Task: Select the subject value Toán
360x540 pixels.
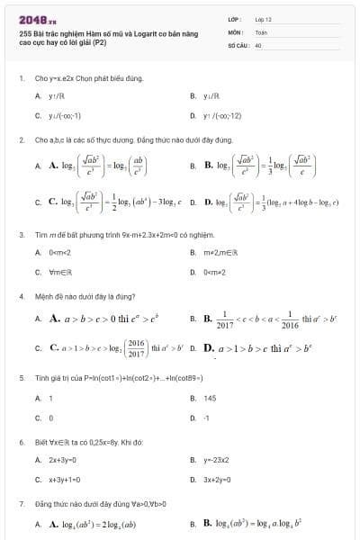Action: (x=261, y=31)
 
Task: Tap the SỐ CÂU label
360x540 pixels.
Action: (x=237, y=44)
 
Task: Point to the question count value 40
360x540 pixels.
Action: (x=258, y=44)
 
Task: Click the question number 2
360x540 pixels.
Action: (x=21, y=140)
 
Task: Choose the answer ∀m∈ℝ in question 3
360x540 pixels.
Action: (x=60, y=271)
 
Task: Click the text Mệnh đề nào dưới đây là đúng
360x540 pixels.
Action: (x=85, y=296)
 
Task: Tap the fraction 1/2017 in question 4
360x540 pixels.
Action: (x=225, y=319)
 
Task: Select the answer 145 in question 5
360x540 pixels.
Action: (x=210, y=398)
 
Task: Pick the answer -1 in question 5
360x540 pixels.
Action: (x=207, y=418)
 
